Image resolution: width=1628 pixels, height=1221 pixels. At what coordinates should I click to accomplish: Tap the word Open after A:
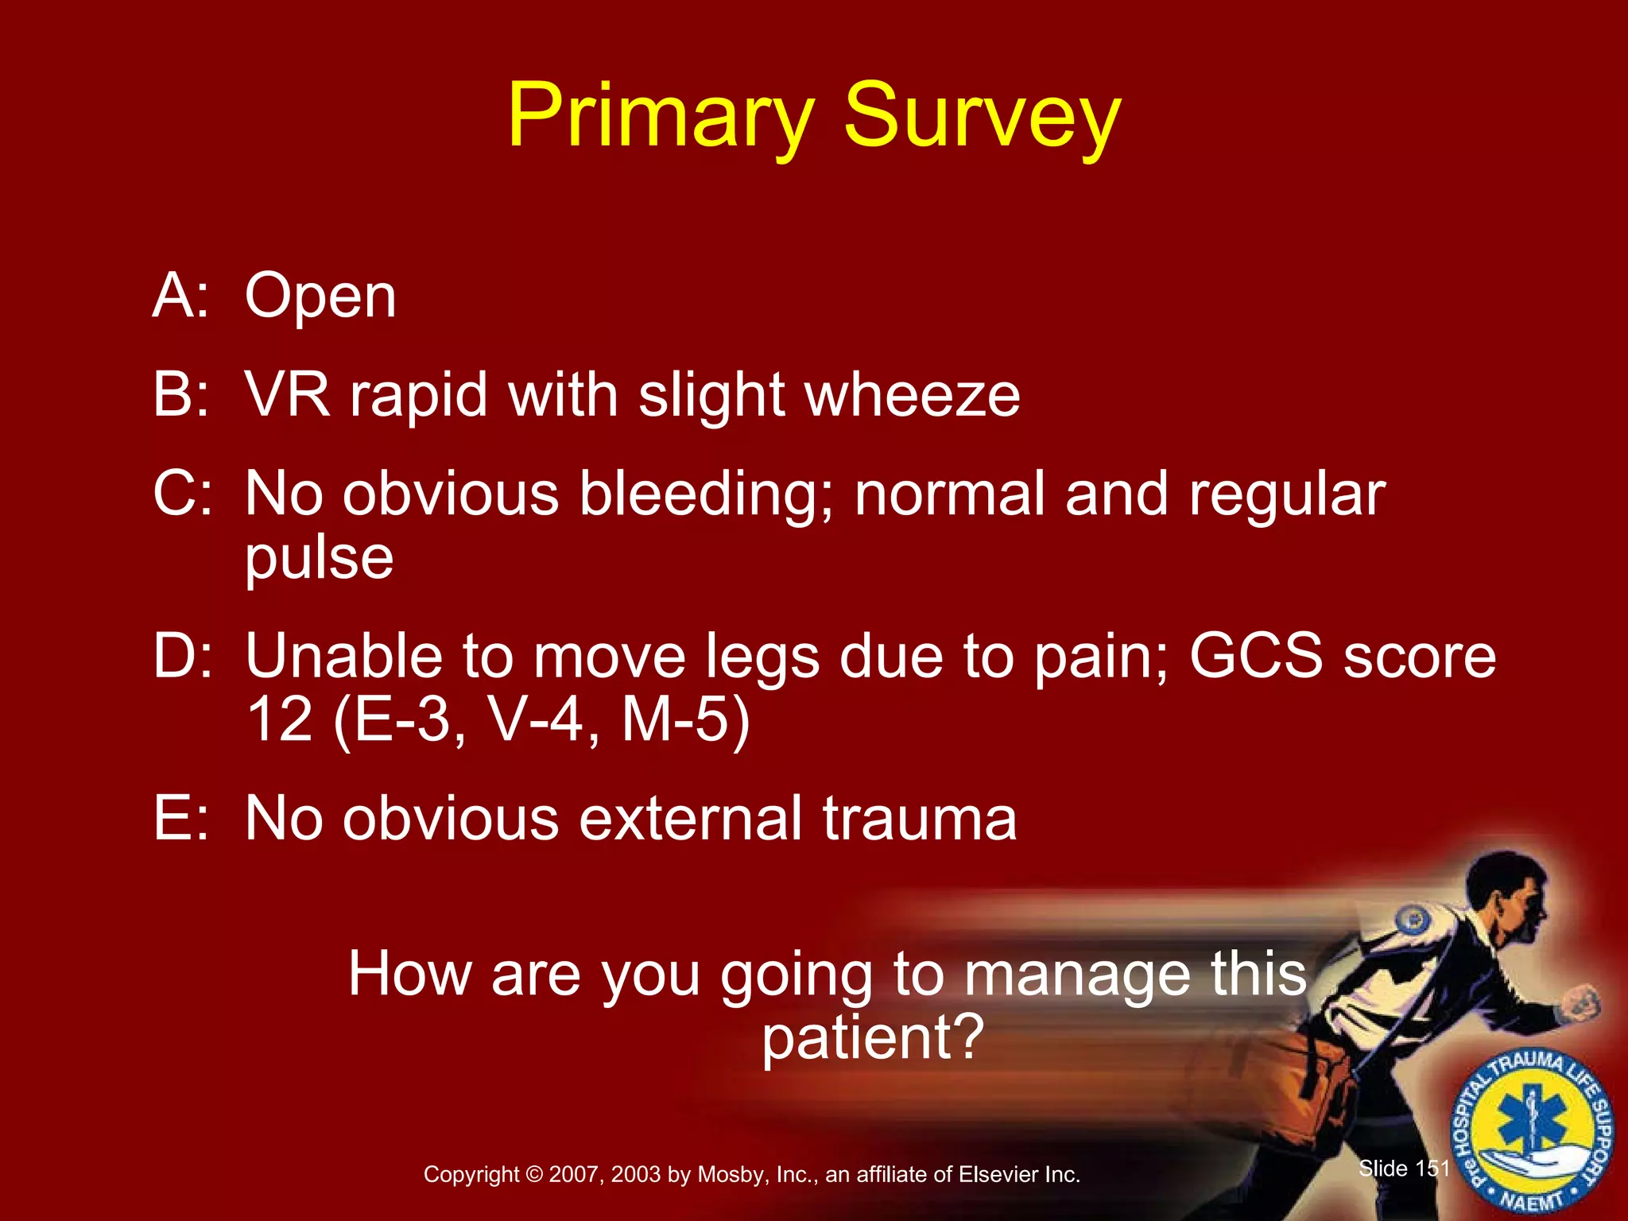pos(320,297)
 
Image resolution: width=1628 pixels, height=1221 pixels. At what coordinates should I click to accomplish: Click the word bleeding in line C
pos(705,494)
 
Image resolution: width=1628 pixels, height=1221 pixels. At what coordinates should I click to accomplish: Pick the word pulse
pos(319,558)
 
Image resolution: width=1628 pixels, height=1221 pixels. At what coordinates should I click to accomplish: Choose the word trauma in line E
pos(920,819)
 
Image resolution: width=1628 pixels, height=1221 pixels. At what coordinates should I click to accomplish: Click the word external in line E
pos(690,819)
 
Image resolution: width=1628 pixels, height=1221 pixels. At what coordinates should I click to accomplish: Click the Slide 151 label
pos(1404,1169)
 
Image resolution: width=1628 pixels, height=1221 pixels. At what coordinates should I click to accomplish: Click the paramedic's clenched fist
pos(1580,1003)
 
